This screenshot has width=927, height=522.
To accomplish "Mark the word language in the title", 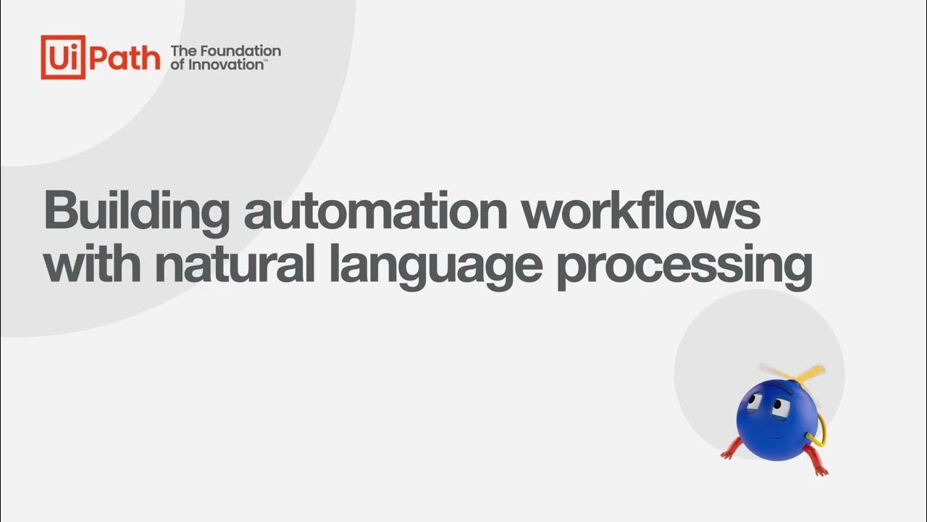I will tap(435, 267).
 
